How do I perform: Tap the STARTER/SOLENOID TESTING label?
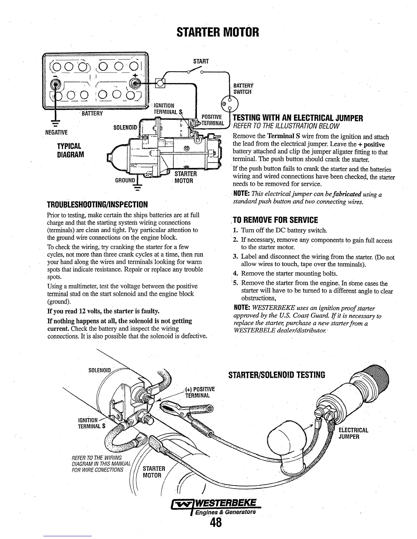tap(277, 375)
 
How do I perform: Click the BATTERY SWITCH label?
tap(242, 89)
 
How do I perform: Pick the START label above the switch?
tap(201, 61)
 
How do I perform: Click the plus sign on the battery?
tap(136, 75)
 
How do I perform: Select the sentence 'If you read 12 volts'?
tap(103, 311)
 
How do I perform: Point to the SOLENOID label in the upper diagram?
tap(125, 127)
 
